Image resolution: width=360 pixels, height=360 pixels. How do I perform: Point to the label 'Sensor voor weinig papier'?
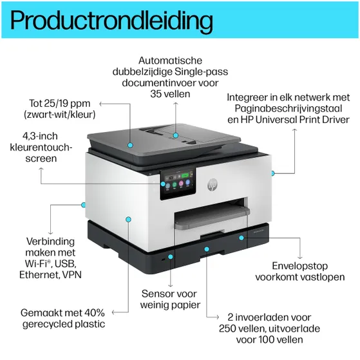(x=171, y=299)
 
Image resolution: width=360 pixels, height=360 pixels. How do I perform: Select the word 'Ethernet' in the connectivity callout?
(x=41, y=275)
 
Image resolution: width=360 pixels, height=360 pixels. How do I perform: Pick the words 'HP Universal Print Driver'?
(x=296, y=120)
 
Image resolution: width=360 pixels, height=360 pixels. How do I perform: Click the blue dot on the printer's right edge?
(x=273, y=173)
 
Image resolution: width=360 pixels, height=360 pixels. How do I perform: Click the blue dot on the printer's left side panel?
(x=128, y=220)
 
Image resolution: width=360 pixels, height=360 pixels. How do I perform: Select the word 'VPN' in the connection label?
(x=73, y=275)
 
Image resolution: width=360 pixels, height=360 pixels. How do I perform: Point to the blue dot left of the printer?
(x=83, y=204)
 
